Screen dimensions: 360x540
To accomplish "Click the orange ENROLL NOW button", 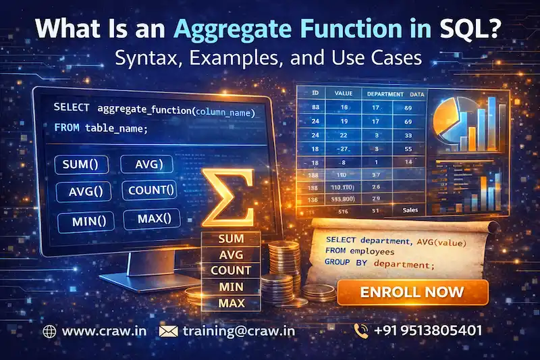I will pyautogui.click(x=412, y=292).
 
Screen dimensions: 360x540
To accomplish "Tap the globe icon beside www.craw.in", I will pyautogui.click(x=49, y=331).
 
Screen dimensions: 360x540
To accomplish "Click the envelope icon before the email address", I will pyautogui.click(x=167, y=331).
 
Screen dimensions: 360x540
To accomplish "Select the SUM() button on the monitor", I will pyautogui.click(x=80, y=164).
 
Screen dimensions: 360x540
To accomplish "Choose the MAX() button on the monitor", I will pyautogui.click(x=154, y=218).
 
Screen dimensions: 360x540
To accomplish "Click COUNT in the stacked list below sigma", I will pyautogui.click(x=230, y=271).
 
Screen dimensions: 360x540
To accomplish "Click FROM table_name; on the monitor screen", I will pyautogui.click(x=99, y=127).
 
